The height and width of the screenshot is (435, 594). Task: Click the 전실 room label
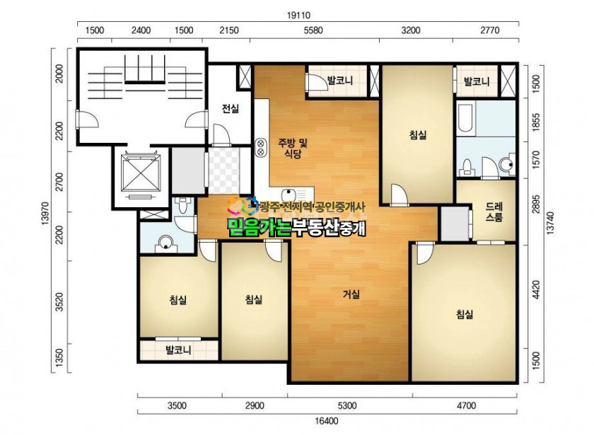231,109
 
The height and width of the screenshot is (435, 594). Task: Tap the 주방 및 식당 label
293,148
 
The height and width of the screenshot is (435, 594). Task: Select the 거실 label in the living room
351,294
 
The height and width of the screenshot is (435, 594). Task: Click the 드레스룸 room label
494,211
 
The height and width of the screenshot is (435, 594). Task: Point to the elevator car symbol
141,173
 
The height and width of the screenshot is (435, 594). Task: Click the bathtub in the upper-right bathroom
465,118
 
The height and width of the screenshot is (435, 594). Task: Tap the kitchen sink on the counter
289,195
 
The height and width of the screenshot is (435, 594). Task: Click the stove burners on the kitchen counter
261,147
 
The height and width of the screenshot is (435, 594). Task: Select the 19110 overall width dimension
298,16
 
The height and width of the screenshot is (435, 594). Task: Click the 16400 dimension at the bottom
327,421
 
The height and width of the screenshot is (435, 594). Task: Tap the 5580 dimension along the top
313,30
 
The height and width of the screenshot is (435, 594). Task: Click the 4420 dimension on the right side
536,290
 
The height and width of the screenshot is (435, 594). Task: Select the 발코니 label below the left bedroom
178,349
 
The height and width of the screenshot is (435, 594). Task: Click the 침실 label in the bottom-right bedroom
465,314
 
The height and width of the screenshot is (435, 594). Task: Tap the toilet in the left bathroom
183,204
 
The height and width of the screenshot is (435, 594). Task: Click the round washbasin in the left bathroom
165,243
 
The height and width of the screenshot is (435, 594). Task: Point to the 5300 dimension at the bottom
347,406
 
